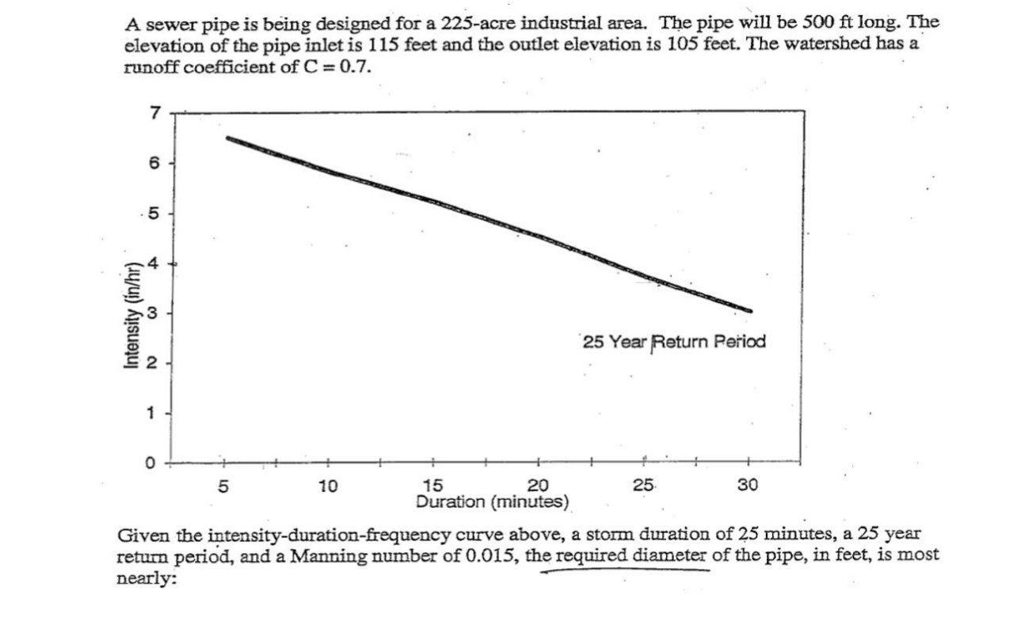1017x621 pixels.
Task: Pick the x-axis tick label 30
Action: coord(747,486)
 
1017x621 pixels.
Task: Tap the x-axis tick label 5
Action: coord(223,486)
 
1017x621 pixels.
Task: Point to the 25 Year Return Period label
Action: coord(674,342)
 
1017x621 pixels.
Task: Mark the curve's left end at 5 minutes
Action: coord(228,138)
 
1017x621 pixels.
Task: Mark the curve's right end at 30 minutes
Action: coord(750,310)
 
